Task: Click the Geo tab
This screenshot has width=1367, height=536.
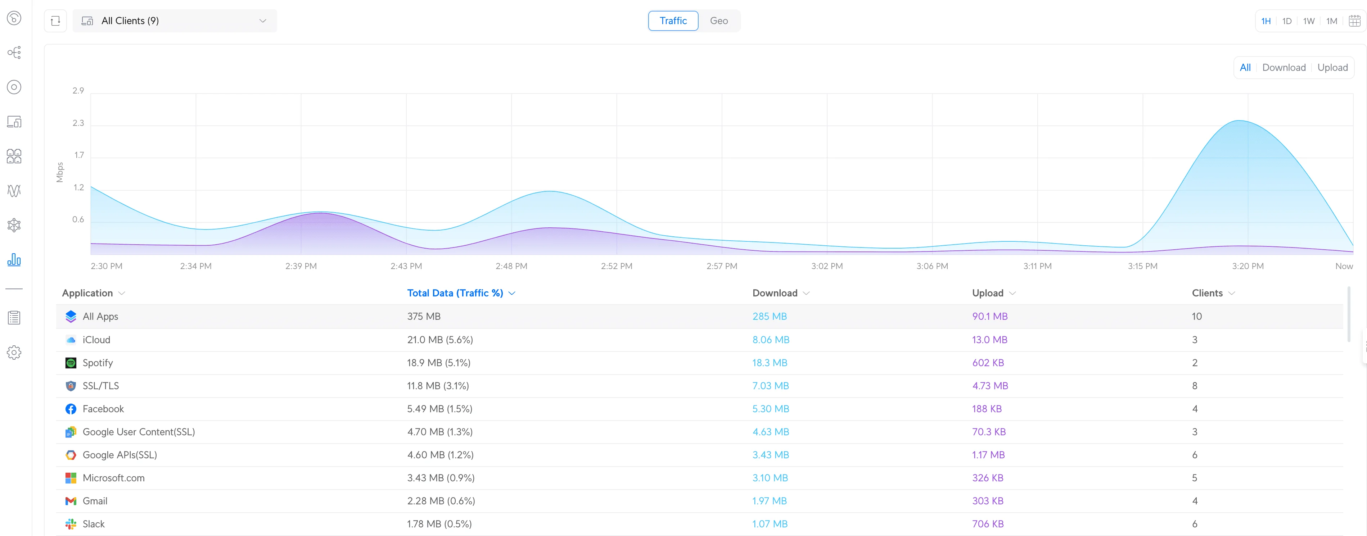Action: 718,21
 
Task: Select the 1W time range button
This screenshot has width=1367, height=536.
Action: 1309,21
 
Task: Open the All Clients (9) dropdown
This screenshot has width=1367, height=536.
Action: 175,21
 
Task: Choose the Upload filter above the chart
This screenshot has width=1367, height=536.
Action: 1332,67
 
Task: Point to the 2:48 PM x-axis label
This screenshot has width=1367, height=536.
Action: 511,266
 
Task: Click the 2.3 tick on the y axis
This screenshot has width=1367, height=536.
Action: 78,123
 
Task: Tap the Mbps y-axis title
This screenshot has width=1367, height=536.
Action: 59,172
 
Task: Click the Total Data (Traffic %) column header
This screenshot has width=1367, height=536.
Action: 455,293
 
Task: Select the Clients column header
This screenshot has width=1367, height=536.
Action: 1207,293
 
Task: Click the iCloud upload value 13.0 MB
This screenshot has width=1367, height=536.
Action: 989,340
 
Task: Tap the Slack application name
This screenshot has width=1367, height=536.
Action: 93,524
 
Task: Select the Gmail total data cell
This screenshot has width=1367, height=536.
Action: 441,501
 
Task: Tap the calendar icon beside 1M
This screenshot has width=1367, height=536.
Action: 1354,21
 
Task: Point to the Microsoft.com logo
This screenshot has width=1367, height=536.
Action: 71,478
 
